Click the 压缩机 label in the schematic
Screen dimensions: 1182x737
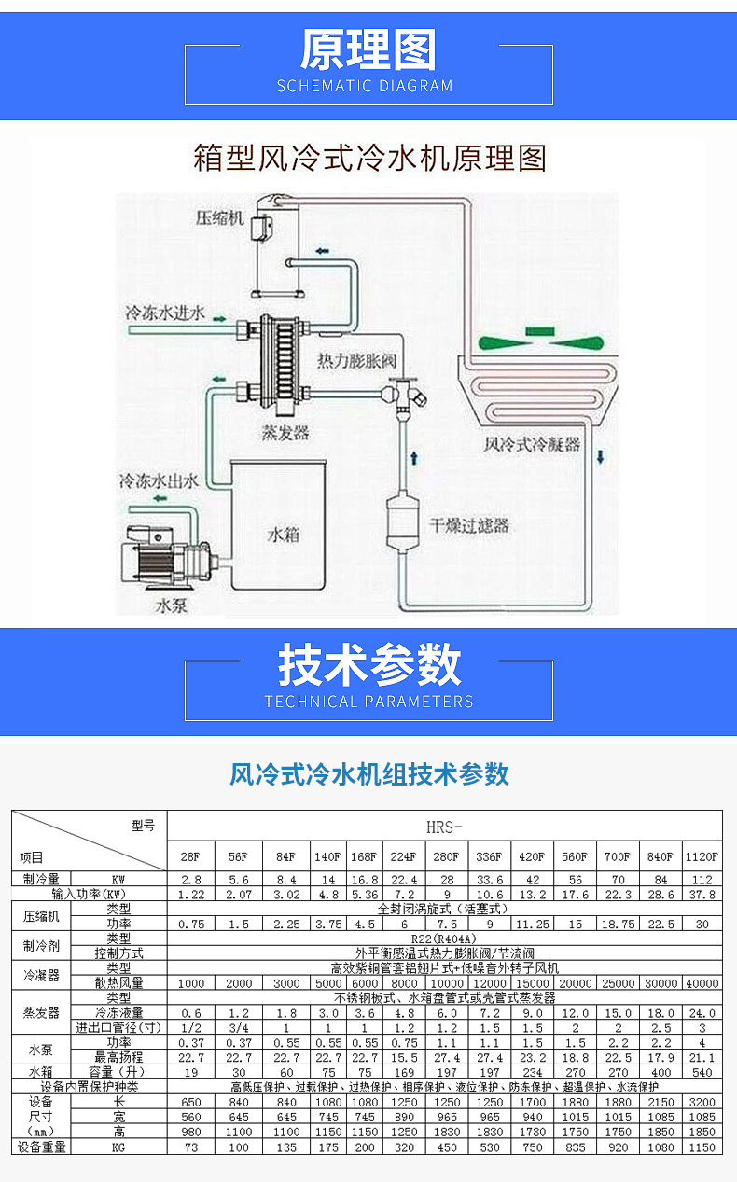pos(219,218)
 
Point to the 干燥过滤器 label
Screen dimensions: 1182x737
pos(468,525)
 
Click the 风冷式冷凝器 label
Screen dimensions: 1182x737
pos(532,444)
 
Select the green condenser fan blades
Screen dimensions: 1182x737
pos(539,335)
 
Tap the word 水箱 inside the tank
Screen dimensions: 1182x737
pos(284,535)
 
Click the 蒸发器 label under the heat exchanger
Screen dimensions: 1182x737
pos(286,434)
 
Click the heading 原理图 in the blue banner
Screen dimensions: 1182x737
pos(368,50)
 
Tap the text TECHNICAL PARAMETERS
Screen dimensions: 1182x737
pos(368,702)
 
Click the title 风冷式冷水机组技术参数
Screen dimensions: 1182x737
pos(368,773)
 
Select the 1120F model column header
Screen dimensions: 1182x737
pos(702,856)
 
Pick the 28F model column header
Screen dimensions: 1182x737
pos(190,856)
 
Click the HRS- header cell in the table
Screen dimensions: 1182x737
pos(444,826)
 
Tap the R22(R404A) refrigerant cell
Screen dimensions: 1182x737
pos(444,939)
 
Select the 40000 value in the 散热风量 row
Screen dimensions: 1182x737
pos(702,983)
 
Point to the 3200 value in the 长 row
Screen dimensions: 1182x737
pos(702,1102)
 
